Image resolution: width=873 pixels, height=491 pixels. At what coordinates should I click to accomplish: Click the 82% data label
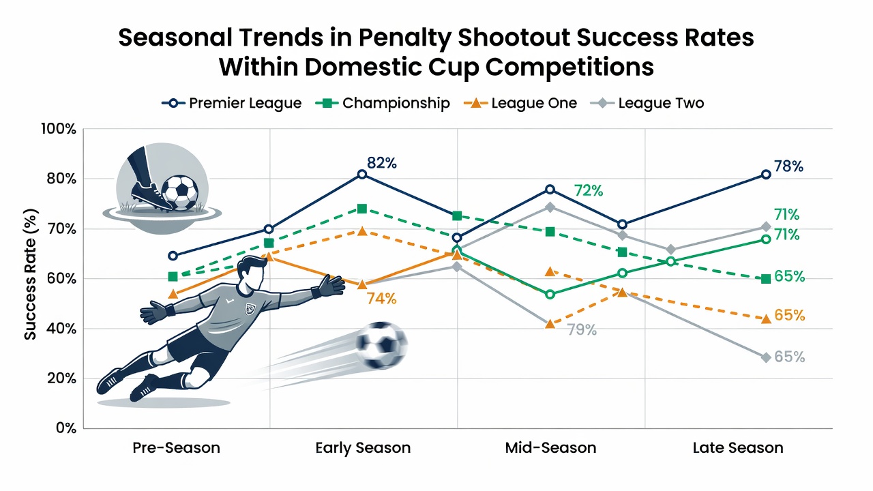click(x=381, y=163)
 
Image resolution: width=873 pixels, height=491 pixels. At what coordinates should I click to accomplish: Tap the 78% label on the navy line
click(x=788, y=166)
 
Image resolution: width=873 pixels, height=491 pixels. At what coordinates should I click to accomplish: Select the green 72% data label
click(x=588, y=190)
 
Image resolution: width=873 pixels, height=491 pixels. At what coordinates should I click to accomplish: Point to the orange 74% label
click(x=381, y=299)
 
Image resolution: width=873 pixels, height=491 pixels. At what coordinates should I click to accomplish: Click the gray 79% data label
click(x=582, y=329)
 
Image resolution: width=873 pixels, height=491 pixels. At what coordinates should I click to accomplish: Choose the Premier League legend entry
click(x=231, y=103)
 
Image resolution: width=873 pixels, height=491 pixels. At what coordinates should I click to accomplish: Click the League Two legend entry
click(x=647, y=103)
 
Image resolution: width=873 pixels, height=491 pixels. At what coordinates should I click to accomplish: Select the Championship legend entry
click(x=383, y=103)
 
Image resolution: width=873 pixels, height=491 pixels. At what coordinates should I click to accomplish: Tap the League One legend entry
click(x=520, y=103)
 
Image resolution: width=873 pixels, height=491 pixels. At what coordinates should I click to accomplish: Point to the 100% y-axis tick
click(x=59, y=129)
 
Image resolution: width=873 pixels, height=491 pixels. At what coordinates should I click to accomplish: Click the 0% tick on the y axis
click(x=66, y=428)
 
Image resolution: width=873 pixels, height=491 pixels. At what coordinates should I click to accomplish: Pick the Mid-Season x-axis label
click(x=550, y=448)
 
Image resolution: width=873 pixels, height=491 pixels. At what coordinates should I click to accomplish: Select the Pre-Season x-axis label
click(x=176, y=448)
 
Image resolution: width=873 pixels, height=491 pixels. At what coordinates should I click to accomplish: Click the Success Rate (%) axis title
click(x=31, y=274)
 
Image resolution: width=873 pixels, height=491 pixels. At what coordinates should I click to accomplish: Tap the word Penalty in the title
click(x=405, y=38)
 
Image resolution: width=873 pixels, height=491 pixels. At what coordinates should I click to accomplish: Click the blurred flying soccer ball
click(x=381, y=345)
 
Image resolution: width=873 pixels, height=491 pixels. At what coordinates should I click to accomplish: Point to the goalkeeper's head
click(x=252, y=273)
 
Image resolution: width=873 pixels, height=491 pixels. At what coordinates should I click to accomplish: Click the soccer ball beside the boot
click(x=179, y=193)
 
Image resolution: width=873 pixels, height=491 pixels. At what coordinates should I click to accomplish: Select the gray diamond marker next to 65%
click(x=766, y=357)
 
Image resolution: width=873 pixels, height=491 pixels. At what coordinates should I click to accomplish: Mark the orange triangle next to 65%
click(x=766, y=318)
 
